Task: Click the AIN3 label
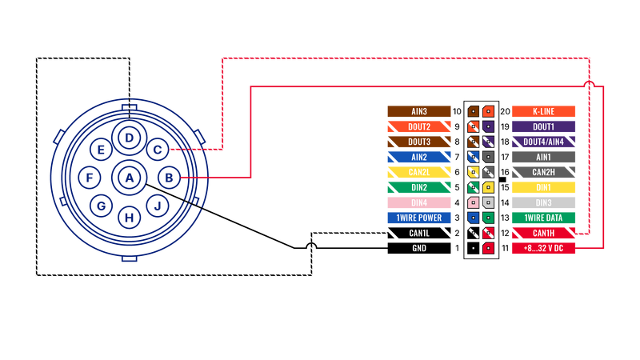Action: tap(418, 111)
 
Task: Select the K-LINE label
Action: tap(543, 111)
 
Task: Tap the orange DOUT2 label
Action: tap(418, 126)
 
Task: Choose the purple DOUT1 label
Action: tap(543, 126)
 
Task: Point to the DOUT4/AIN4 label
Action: tap(543, 142)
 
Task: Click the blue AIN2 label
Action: tap(418, 157)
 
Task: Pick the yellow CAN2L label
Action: tap(418, 172)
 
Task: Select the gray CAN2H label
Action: tap(543, 172)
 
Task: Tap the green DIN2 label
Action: tap(418, 187)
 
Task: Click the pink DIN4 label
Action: tap(418, 202)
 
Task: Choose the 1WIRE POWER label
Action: tap(418, 218)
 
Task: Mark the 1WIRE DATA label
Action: tap(543, 218)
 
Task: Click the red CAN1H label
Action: tap(543, 233)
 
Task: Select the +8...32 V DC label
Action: tap(543, 248)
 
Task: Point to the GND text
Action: tap(418, 248)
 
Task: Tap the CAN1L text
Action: tap(418, 233)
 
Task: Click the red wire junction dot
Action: tap(589, 82)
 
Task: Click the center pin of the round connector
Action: tap(128, 176)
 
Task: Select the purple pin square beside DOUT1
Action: tap(488, 126)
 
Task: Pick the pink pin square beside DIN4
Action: tap(473, 202)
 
